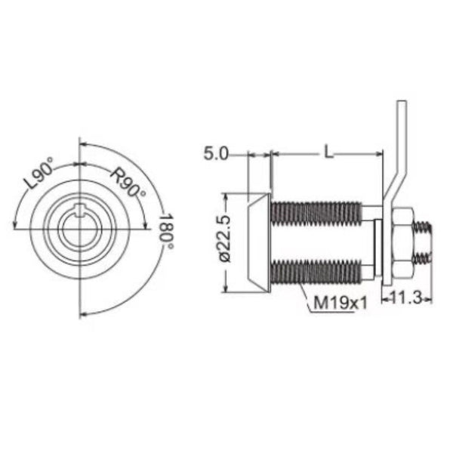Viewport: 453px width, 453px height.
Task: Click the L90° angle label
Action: [x=39, y=173]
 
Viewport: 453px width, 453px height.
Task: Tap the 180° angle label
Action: [x=167, y=232]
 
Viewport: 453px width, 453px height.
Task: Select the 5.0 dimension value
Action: [x=216, y=153]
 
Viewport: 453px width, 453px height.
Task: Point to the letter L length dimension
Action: [x=328, y=152]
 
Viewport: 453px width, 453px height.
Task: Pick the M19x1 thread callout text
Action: [x=340, y=303]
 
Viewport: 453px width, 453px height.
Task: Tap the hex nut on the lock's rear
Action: [x=402, y=242]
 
